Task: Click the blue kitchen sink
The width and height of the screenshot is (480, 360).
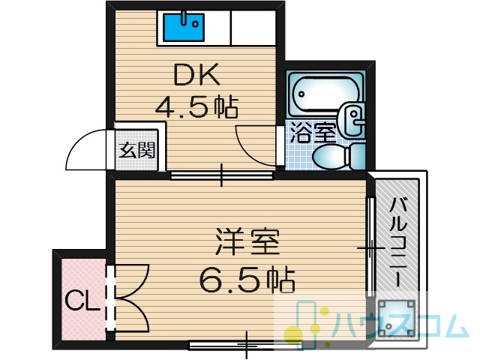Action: [x=183, y=27]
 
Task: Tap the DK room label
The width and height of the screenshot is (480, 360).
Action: [x=196, y=74]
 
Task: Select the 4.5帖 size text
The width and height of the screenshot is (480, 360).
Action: [x=196, y=107]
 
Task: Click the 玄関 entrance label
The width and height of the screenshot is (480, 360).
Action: [x=137, y=150]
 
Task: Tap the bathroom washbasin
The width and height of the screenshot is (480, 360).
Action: [x=352, y=118]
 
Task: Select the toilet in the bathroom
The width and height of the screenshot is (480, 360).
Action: [x=339, y=156]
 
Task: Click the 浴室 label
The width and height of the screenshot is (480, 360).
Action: [x=313, y=133]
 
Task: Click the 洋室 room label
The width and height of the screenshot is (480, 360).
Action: [x=247, y=241]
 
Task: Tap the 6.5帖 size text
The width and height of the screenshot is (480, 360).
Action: [x=247, y=280]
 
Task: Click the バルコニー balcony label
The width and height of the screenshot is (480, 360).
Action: [x=398, y=241]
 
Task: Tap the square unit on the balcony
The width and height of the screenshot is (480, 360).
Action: [x=397, y=318]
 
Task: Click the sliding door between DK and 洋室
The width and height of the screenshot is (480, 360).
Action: [x=221, y=175]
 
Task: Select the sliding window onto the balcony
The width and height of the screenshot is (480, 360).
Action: [x=370, y=247]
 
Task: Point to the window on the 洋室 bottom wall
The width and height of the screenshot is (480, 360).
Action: [x=246, y=345]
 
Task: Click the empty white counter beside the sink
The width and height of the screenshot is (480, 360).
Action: [x=253, y=27]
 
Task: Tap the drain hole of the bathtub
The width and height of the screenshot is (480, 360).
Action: [x=301, y=94]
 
